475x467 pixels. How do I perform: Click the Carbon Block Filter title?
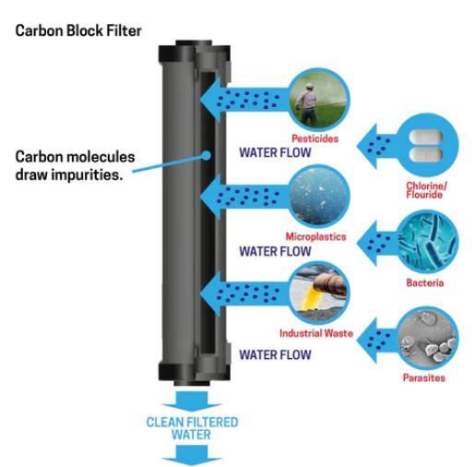[78, 30]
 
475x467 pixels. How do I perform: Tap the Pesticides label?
[315, 138]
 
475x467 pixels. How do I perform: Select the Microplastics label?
[315, 236]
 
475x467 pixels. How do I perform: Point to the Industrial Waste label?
[316, 333]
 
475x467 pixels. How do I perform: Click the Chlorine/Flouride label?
[426, 190]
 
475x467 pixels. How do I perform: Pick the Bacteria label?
[424, 282]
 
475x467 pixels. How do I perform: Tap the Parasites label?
[424, 377]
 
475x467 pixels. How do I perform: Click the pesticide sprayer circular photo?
[319, 99]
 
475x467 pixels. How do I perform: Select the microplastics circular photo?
[319, 196]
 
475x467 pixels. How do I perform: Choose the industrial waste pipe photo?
[319, 293]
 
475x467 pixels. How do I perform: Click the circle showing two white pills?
[427, 146]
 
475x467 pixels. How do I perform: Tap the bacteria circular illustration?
[427, 242]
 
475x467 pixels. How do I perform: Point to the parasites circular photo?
[427, 338]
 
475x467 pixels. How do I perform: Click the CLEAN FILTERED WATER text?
[192, 428]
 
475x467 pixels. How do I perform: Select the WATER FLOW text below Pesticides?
[275, 152]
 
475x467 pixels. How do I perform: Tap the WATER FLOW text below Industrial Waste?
[275, 354]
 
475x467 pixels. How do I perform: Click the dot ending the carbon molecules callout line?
[207, 155]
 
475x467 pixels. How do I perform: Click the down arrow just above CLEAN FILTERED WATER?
[191, 401]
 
